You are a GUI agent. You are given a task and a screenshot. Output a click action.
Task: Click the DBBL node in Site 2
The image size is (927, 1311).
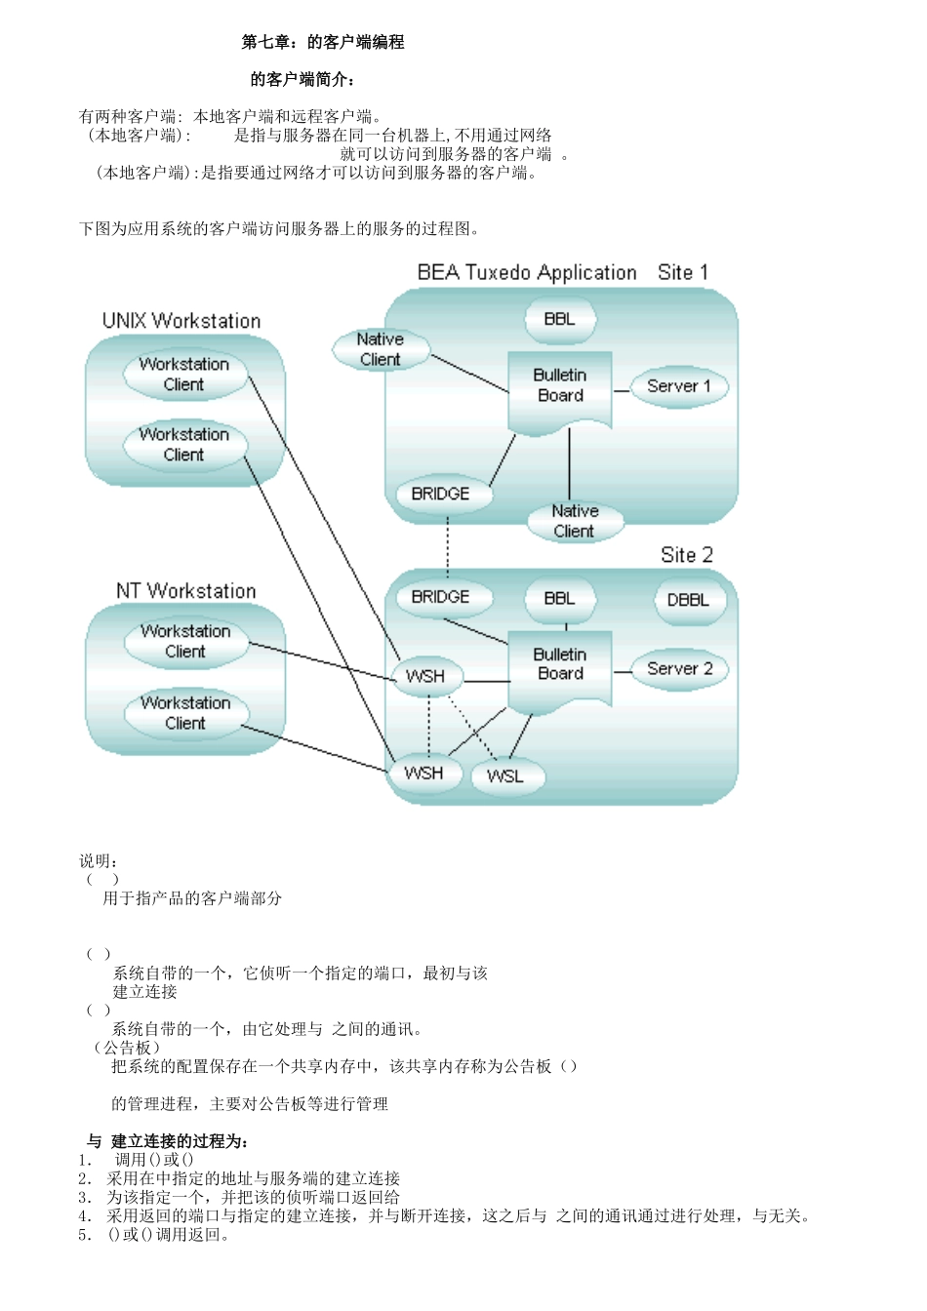pyautogui.click(x=688, y=600)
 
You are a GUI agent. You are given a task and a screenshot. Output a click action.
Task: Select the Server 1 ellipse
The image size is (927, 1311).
pyautogui.click(x=679, y=386)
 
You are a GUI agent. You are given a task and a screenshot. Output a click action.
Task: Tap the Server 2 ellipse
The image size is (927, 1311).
pyautogui.click(x=679, y=669)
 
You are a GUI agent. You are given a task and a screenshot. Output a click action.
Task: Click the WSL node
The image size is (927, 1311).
pyautogui.click(x=505, y=776)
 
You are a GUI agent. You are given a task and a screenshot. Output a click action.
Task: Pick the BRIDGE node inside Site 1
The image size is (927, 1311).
pyautogui.click(x=440, y=495)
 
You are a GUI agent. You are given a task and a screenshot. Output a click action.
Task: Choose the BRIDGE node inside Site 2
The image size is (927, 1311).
pyautogui.click(x=440, y=597)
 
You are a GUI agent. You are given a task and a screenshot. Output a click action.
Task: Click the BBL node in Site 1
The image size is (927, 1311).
pyautogui.click(x=559, y=319)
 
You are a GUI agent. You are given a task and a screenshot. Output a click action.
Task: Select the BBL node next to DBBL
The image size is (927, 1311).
pyautogui.click(x=559, y=599)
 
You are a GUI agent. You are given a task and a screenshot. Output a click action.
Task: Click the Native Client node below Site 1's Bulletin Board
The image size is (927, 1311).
pyautogui.click(x=574, y=521)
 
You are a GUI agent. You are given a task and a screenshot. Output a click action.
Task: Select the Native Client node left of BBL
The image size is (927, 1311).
pyautogui.click(x=380, y=349)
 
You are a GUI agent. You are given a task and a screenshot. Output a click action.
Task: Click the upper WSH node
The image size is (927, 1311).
pyautogui.click(x=425, y=676)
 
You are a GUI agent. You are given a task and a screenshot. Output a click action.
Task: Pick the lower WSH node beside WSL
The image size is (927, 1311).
pyautogui.click(x=423, y=774)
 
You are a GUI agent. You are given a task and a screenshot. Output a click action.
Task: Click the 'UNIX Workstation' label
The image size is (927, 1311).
pyautogui.click(x=181, y=321)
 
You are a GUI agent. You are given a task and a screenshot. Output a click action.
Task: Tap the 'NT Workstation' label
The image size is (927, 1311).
pyautogui.click(x=185, y=591)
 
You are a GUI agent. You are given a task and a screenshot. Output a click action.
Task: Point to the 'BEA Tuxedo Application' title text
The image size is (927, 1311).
pyautogui.click(x=527, y=273)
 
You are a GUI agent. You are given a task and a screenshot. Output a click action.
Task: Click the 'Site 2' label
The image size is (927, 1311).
pyautogui.click(x=687, y=555)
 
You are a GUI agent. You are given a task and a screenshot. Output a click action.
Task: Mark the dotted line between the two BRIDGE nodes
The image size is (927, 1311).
pyautogui.click(x=447, y=545)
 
